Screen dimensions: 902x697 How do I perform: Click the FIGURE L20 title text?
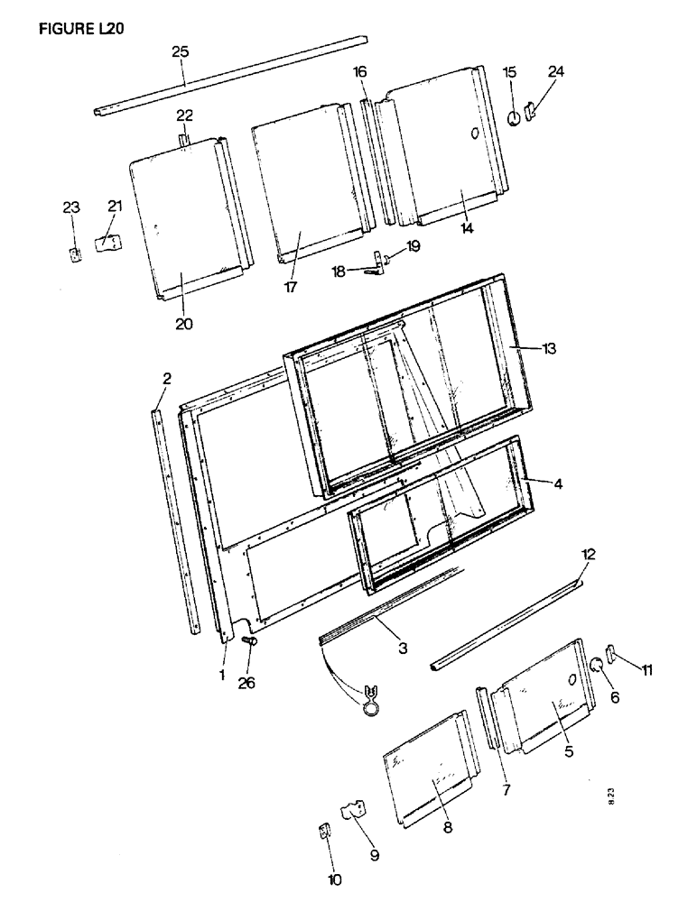[x=80, y=26]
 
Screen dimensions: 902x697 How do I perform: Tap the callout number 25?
[x=181, y=52]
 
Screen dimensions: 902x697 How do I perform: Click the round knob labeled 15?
[x=513, y=117]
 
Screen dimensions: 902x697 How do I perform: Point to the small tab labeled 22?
[x=185, y=140]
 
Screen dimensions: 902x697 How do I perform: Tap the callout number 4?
[x=559, y=484]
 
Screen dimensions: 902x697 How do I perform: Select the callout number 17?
[x=293, y=287]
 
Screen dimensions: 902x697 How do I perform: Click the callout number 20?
[x=183, y=323]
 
